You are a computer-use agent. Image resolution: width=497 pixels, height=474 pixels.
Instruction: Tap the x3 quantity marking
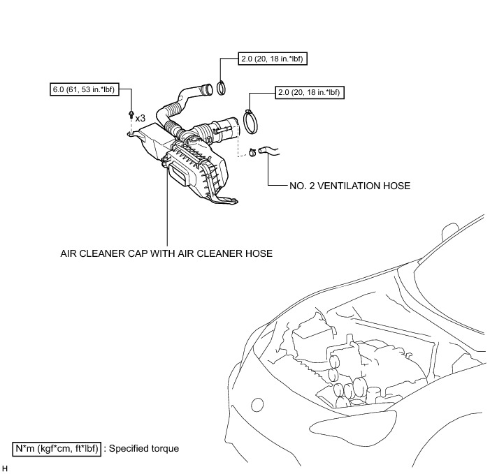click(x=140, y=119)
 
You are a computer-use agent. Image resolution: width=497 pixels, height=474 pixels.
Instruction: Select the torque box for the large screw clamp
click(x=310, y=92)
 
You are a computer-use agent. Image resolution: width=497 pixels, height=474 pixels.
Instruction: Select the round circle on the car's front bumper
click(x=257, y=405)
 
